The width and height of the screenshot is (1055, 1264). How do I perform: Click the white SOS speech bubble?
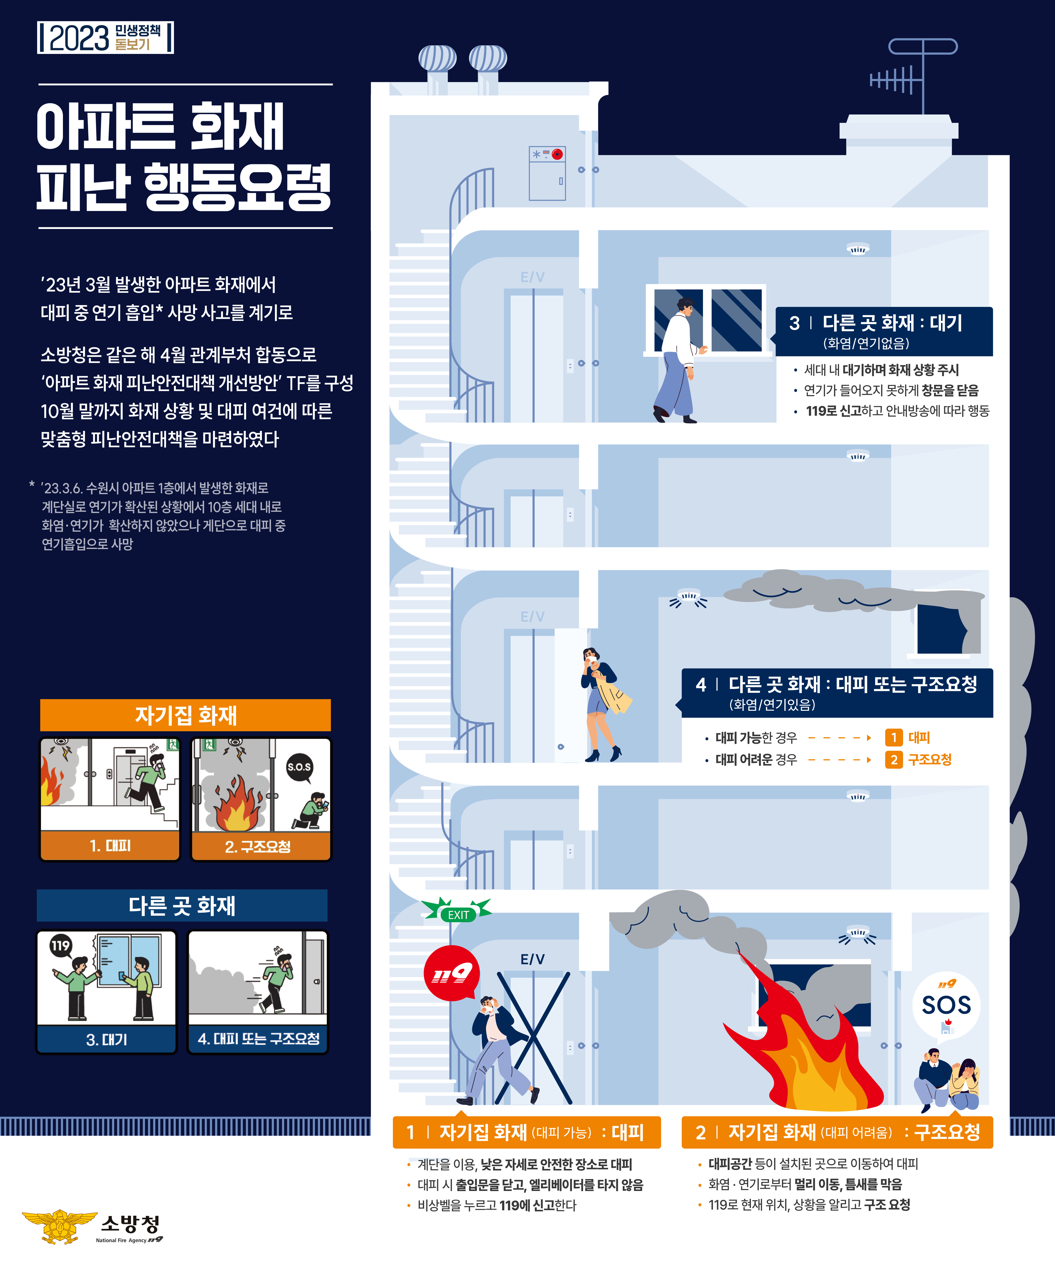pos(946,1005)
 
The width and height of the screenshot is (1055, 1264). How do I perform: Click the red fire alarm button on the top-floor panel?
pos(558,154)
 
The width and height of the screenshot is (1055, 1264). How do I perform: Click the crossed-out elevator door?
pos(533,1038)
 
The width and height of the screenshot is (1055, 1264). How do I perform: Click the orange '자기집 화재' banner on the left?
pos(185,715)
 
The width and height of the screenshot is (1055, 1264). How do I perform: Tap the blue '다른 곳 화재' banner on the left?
pos(182,905)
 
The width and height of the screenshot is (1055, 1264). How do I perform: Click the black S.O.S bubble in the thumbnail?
pos(299,767)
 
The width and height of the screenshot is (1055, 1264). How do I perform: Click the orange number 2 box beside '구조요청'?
pos(894,760)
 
